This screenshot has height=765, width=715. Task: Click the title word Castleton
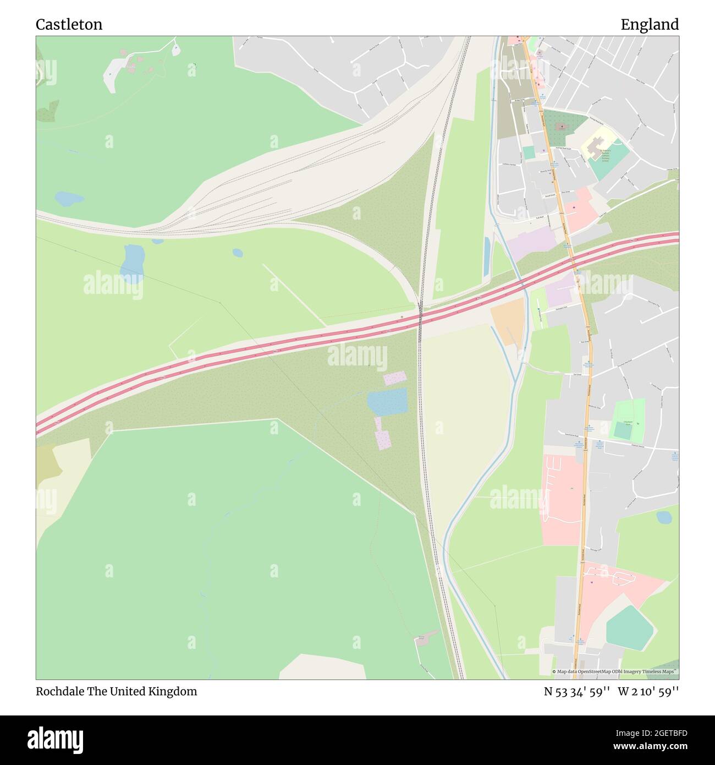click(69, 24)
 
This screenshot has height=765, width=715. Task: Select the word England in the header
click(650, 24)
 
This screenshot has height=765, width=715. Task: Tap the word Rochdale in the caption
click(59, 691)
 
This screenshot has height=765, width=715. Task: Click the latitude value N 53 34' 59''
click(576, 691)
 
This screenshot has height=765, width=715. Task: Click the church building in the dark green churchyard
click(561, 127)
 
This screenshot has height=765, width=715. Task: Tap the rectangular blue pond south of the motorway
click(387, 401)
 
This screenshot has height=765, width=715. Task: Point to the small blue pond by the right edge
click(664, 517)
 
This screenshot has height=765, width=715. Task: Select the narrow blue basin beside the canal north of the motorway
click(487, 257)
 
